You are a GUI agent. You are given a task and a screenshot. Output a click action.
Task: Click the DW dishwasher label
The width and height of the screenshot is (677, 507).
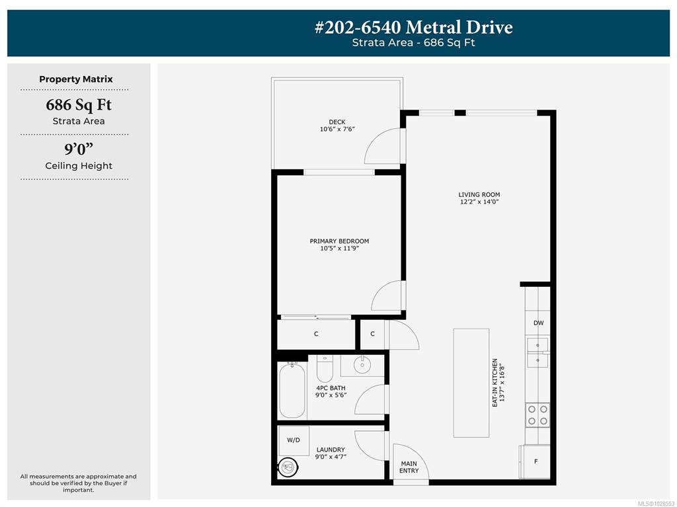coord(538,323)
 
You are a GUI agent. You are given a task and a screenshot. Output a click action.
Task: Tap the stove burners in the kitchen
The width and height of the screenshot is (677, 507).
coord(538,414)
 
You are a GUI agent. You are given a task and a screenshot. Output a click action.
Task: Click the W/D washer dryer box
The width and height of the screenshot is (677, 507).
coord(294,440)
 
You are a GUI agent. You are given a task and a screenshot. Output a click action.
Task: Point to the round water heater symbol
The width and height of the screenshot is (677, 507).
coord(288,467)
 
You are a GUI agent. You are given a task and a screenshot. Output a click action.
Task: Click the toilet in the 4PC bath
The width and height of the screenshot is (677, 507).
coord(325,368)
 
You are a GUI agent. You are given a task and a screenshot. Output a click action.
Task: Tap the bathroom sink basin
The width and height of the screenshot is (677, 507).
coord(362,366)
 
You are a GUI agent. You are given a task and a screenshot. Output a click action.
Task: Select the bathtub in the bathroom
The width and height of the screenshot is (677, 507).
coord(292,391)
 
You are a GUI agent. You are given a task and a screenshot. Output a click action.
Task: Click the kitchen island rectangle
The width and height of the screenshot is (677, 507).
coord(471,383)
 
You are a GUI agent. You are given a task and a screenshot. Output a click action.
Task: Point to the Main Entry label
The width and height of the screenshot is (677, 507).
coord(409,467)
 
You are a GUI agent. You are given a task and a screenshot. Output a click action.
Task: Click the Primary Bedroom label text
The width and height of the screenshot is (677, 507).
coord(339,241)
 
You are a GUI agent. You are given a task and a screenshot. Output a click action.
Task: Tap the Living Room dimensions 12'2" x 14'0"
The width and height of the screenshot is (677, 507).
coord(479,202)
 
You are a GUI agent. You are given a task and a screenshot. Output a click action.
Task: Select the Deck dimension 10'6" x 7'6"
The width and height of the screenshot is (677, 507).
coord(337,129)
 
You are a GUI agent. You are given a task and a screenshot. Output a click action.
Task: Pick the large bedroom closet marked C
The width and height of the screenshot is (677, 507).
coord(316,334)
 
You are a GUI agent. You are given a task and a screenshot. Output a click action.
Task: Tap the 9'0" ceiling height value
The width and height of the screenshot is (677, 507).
coord(79,149)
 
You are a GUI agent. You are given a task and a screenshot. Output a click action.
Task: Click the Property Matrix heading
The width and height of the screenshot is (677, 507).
coord(76,79)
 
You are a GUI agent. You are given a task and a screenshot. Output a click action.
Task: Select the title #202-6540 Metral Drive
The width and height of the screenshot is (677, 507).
coord(414,27)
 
